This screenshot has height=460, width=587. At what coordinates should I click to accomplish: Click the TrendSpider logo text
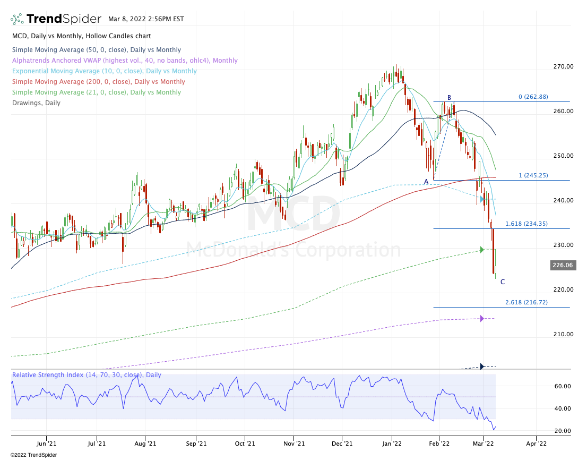[64, 19]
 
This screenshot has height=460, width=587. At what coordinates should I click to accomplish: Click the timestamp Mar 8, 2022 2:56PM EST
[146, 19]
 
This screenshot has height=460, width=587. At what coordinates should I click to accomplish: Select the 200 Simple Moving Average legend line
[99, 82]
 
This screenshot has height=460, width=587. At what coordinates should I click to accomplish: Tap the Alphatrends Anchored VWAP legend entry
[125, 61]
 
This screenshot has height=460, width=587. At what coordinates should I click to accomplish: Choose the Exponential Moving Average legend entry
[104, 71]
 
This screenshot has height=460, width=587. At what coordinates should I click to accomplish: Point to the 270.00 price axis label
[562, 66]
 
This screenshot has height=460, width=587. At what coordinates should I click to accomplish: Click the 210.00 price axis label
[562, 334]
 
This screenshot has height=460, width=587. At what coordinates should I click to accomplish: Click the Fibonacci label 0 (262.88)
[533, 97]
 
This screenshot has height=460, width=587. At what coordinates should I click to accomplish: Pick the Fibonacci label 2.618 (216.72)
[525, 302]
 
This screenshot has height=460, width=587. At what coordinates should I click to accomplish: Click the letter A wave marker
[426, 181]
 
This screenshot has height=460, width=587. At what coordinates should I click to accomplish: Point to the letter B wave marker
[449, 98]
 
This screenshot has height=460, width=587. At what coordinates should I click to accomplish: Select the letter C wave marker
[503, 282]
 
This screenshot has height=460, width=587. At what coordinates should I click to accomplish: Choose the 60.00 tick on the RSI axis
[563, 387]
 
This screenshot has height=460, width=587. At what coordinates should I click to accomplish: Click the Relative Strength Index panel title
[87, 375]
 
